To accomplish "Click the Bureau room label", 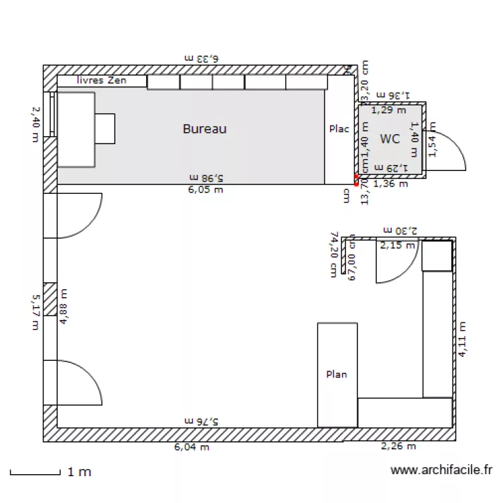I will click(x=205, y=129).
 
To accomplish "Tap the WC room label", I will click(x=390, y=139).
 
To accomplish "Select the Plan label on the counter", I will click(x=337, y=374).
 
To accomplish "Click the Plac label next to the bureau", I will click(x=339, y=129).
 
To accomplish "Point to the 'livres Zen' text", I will click(x=102, y=80).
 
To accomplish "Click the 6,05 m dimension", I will click(x=205, y=190).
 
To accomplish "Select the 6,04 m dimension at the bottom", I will click(x=192, y=447).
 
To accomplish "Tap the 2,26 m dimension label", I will click(x=398, y=447).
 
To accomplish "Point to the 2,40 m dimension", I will click(x=36, y=125).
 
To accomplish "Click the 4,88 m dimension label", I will click(x=64, y=306).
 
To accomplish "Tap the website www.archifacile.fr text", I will click(x=441, y=471).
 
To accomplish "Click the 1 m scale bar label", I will click(x=79, y=472).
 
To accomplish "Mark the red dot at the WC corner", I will click(x=357, y=178).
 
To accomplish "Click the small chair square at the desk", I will click(x=105, y=128).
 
